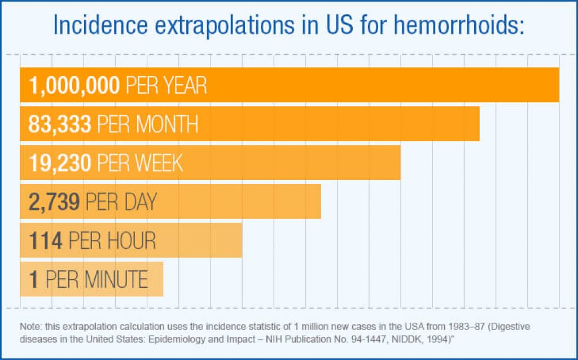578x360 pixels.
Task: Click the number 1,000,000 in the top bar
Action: coord(74,85)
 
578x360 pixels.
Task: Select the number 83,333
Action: coord(59,124)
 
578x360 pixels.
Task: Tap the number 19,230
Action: coord(59,163)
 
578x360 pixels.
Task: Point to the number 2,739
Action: coord(54,202)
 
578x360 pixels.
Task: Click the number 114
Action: coord(45,241)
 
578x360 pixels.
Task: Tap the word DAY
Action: coord(140,202)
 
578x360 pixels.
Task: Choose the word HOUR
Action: coord(132,241)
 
